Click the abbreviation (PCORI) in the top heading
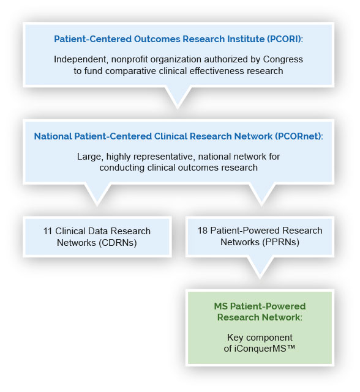[285, 39]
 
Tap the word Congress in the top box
[283, 60]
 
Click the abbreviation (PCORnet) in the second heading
[299, 136]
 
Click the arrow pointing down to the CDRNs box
[97, 194]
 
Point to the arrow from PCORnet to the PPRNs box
[261, 194]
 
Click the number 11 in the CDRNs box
[48, 231]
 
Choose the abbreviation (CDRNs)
[117, 243]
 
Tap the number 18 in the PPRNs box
[203, 231]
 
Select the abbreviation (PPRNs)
[279, 242]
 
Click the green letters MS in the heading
[220, 306]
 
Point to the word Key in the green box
[235, 338]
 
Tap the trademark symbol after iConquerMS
[291, 347]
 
